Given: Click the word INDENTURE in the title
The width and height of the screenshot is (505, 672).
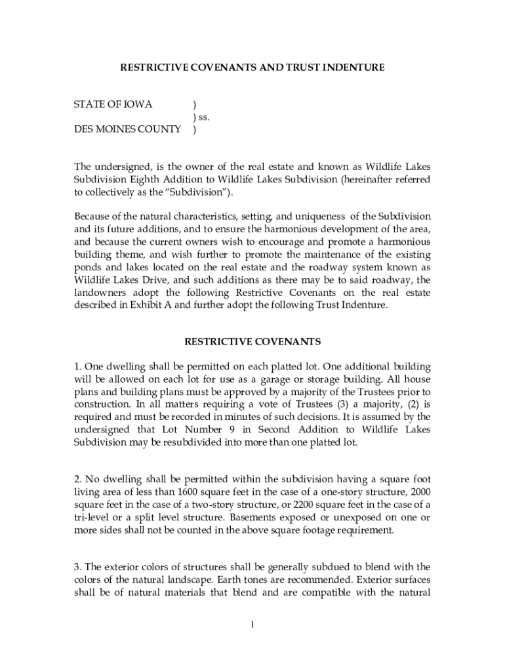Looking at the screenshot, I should pos(352,67).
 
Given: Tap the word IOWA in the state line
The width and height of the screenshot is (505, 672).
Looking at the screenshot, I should pos(138,104).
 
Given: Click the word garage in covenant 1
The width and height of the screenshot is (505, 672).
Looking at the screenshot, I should pos(295,379).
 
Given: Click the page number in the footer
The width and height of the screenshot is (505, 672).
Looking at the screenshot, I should pos(252,623).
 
